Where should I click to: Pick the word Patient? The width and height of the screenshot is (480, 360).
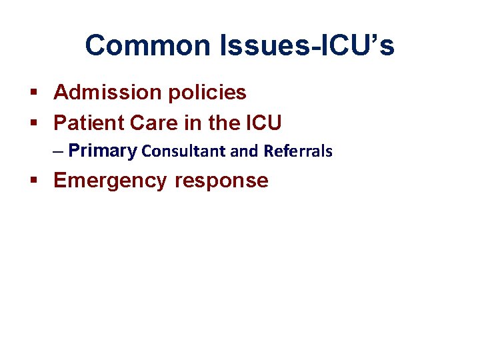88,123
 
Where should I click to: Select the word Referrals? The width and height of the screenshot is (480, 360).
297,151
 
